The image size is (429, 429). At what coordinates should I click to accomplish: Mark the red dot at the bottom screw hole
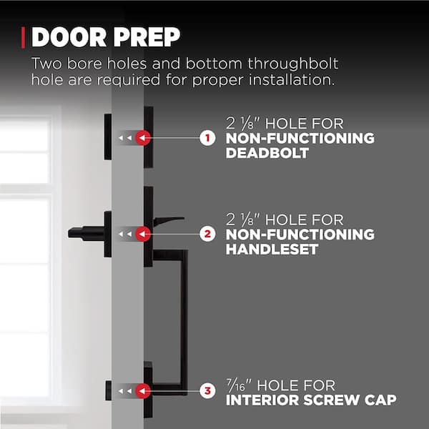pos(143,390)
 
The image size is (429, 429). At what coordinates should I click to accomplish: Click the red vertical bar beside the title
pos(25,36)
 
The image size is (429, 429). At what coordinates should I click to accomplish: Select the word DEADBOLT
pos(265,153)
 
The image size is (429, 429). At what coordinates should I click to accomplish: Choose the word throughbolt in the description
pos(294,63)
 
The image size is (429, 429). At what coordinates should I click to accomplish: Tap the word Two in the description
pos(46,63)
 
